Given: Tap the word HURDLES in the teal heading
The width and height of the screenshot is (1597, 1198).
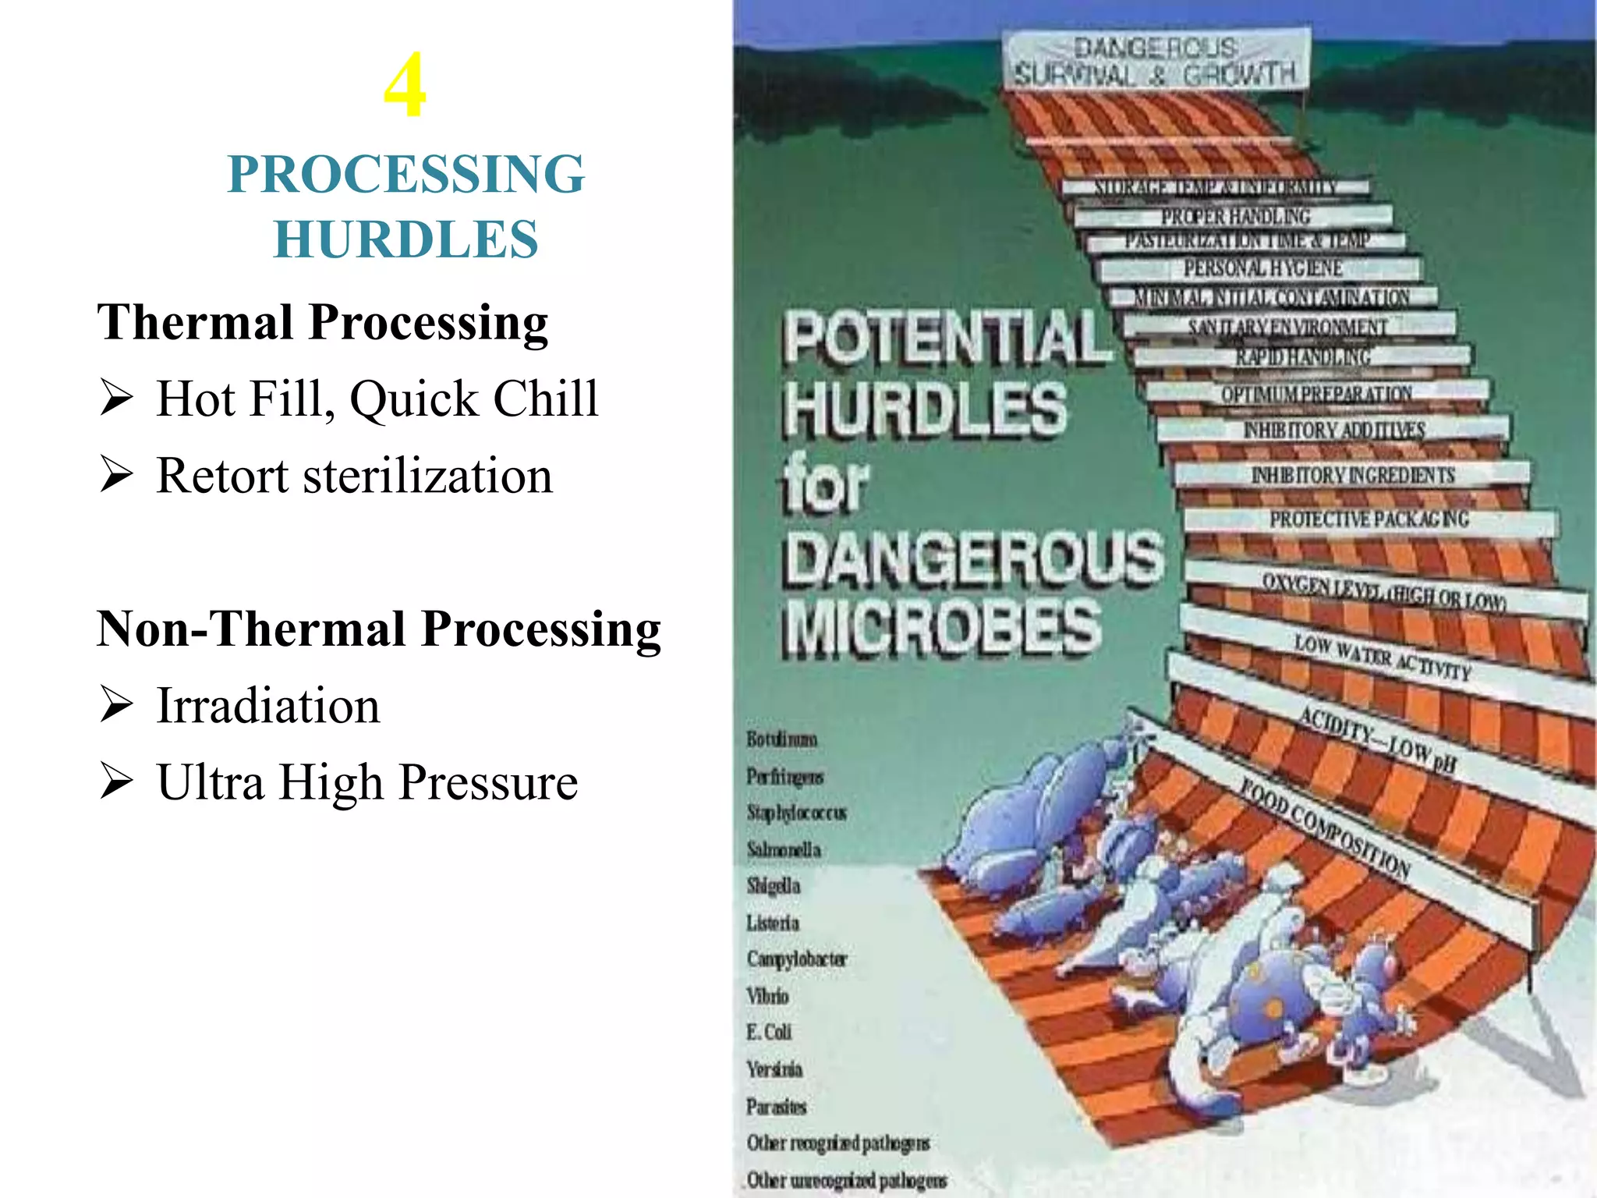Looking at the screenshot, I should [405, 239].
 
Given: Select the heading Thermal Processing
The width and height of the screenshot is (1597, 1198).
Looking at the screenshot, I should [323, 323].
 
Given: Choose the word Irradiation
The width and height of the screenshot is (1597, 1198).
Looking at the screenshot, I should [268, 706].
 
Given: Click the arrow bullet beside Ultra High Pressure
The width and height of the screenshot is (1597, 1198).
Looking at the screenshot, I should [116, 782].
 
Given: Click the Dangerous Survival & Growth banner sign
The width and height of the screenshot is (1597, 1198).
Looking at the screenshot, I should [1156, 61].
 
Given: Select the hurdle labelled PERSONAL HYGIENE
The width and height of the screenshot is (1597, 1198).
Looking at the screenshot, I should [1262, 269].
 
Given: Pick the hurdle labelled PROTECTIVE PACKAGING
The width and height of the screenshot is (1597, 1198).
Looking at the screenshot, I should [1369, 519].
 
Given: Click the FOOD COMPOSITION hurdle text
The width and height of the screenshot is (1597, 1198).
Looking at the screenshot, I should [1326, 828].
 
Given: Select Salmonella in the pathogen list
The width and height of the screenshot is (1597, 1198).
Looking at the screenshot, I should [784, 849].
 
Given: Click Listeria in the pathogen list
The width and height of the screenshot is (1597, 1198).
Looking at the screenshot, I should [773, 923].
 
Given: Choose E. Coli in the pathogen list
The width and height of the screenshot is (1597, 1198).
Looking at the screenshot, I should [769, 1032].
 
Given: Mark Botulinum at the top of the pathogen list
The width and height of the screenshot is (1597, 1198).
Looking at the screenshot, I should [782, 739].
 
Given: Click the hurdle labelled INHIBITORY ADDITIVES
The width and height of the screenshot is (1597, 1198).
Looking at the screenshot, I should [1334, 430].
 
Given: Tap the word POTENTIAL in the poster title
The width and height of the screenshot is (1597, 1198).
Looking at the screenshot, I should [947, 338].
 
